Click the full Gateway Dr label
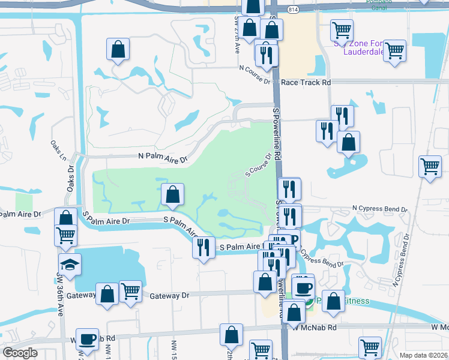169,296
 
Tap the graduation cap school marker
70,263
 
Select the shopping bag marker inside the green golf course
172,194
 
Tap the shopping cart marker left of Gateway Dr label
130,291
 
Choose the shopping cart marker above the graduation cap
66,235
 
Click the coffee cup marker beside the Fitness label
303,286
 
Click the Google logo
19,352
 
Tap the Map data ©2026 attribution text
424,355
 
